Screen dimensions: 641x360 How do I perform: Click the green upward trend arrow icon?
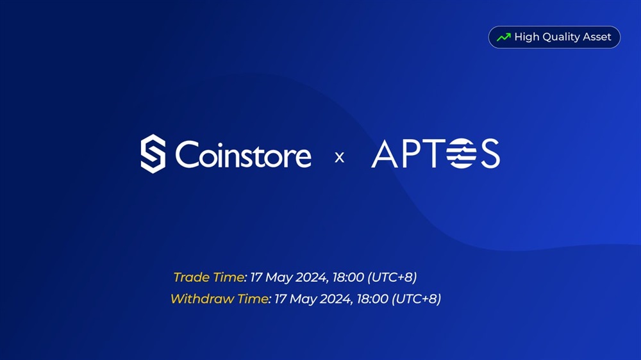point(504,37)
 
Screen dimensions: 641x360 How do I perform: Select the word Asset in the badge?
point(597,37)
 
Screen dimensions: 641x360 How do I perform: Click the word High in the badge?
point(527,37)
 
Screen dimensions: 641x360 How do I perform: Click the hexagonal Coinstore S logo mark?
point(153,154)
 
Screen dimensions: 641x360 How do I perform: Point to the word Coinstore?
point(243,154)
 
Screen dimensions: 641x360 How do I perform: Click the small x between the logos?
point(339,158)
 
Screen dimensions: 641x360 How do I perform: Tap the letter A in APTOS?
point(384,154)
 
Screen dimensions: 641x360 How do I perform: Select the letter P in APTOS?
point(412,154)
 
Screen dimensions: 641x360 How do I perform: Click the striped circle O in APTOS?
point(462,153)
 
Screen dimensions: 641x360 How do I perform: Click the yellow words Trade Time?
point(209,277)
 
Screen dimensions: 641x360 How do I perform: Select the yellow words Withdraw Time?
point(219,299)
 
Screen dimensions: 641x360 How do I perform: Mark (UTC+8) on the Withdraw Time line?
point(416,299)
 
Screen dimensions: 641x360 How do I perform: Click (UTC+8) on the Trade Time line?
point(392,277)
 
